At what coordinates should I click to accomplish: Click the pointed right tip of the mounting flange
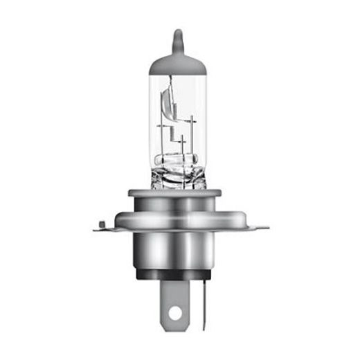coord(267,226)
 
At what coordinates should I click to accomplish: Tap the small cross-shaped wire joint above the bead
coord(182,142)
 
